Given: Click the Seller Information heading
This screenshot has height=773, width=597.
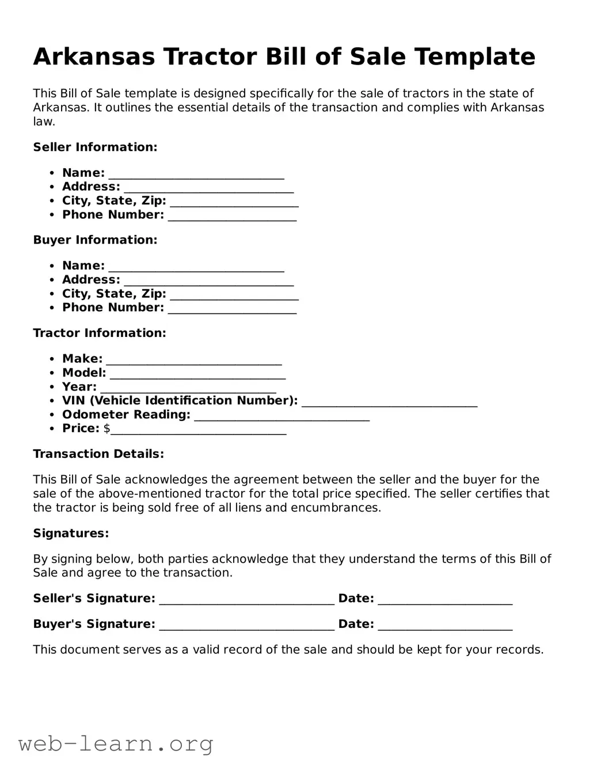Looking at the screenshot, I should coord(95,147).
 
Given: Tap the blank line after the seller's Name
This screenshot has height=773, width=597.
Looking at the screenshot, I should coord(196,174).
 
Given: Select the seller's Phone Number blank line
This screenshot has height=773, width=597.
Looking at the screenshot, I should coord(232,216).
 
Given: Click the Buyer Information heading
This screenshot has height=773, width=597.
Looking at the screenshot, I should coord(95,240).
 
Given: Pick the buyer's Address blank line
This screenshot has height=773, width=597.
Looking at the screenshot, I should coord(208,281).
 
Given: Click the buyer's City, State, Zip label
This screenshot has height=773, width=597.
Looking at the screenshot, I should coord(114,293).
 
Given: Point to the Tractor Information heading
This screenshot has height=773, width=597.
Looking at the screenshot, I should coord(100,333).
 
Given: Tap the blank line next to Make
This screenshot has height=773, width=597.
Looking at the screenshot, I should coord(194,360).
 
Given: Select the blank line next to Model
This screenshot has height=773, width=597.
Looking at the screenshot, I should coord(197,374).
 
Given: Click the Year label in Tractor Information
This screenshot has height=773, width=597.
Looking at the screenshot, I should coord(79,386).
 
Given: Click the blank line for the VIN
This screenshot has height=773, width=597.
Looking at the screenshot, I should coord(389,402).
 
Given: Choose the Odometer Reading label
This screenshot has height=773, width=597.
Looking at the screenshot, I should coord(126,415).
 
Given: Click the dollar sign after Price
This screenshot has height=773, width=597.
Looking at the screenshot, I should coord(107,429).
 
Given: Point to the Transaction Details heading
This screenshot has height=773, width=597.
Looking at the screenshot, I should coord(98,454).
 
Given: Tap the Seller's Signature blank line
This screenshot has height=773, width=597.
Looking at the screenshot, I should coord(246,600).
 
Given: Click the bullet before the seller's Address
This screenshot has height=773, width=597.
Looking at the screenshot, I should coord(52,187).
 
